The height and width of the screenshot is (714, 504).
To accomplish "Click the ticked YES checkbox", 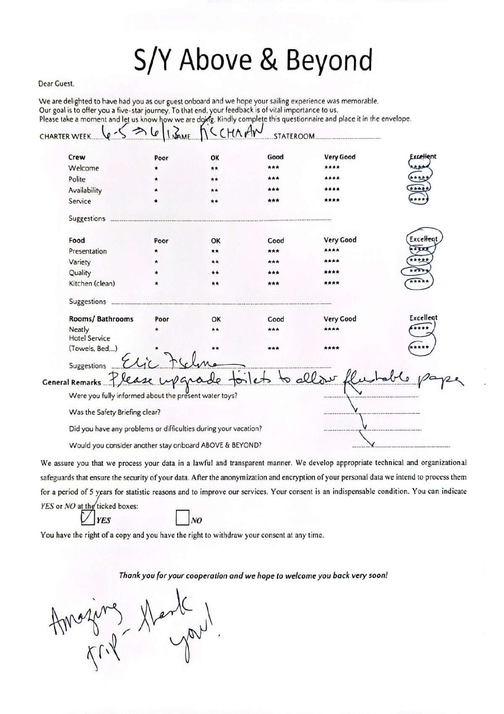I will tap(87, 518).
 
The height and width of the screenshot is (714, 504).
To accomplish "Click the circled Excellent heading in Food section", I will tap(423, 239).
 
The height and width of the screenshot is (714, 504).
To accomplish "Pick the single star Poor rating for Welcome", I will tap(156, 168).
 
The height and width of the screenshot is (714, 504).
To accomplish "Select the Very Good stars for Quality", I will tap(332, 272).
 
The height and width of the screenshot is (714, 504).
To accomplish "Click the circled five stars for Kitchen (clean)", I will tap(419, 282).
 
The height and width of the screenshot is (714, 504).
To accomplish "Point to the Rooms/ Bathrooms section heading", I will tap(101, 319).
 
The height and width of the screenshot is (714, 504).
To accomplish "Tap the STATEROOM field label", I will tap(294, 136).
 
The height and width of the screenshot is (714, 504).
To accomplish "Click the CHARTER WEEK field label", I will tap(65, 137).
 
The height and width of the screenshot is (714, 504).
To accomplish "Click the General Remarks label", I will tap(71, 382).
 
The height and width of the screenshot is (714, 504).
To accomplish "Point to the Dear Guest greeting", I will tap(56, 83).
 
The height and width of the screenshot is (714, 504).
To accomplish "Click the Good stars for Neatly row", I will tap(273, 330).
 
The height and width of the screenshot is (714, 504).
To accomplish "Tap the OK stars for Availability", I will tap(214, 190).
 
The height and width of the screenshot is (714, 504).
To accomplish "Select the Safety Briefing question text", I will tap(115, 412).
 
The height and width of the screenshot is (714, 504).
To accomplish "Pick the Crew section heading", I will tap(76, 157).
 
